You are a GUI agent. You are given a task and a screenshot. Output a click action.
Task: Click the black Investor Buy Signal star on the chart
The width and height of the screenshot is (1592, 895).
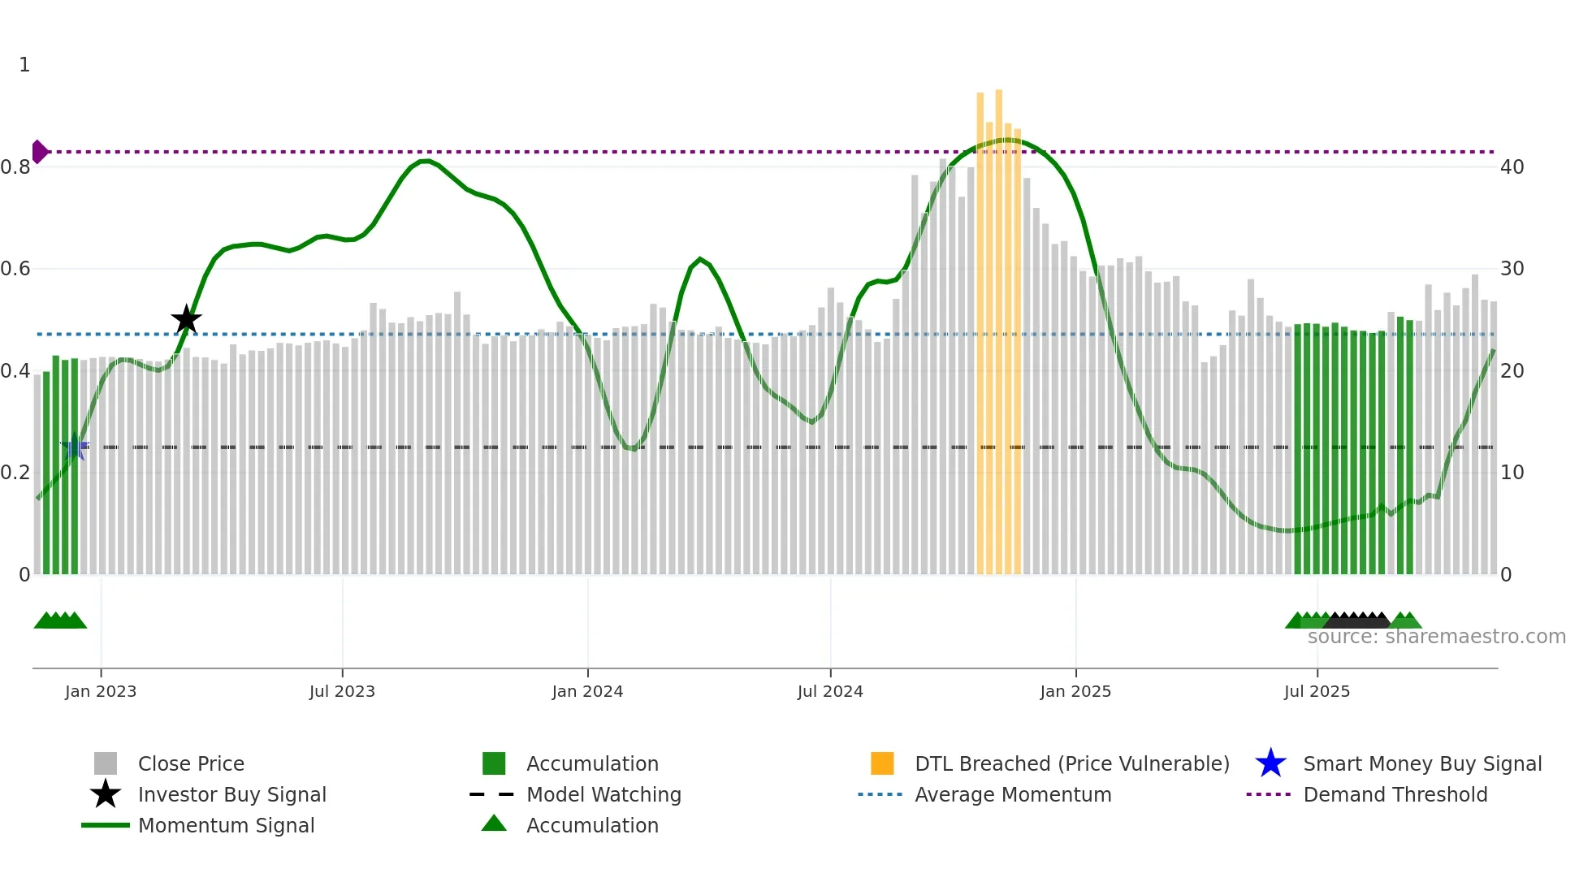pyautogui.click(x=186, y=320)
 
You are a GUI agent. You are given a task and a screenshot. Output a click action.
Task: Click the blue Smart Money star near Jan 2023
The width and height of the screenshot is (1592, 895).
pyautogui.click(x=75, y=447)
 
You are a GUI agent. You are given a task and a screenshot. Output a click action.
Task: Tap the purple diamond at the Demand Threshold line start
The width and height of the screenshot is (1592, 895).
pyautogui.click(x=39, y=152)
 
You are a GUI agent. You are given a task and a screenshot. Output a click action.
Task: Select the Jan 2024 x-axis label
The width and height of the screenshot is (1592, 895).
pyautogui.click(x=587, y=691)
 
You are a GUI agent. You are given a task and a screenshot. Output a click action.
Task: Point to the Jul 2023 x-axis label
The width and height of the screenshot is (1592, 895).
pyautogui.click(x=342, y=691)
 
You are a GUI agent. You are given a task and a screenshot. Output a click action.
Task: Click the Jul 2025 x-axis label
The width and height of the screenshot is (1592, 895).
pyautogui.click(x=1317, y=691)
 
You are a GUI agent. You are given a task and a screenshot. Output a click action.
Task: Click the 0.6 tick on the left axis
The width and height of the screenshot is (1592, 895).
pyautogui.click(x=16, y=269)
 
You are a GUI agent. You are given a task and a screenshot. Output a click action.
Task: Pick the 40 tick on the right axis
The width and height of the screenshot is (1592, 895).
pyautogui.click(x=1512, y=167)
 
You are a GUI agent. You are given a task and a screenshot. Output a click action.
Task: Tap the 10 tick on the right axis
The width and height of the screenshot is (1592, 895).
pyautogui.click(x=1512, y=473)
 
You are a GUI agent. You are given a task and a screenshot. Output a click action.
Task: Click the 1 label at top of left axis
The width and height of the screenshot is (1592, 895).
pyautogui.click(x=24, y=65)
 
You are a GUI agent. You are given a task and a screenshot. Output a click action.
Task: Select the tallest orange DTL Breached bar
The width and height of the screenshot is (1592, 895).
pyautogui.click(x=998, y=325)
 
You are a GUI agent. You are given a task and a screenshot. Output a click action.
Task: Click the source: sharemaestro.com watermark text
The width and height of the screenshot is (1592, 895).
pyautogui.click(x=1436, y=637)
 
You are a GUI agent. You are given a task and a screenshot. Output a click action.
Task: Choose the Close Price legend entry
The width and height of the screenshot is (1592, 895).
pyautogui.click(x=191, y=764)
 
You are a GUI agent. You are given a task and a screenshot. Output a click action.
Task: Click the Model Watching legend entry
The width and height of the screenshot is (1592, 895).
pyautogui.click(x=603, y=795)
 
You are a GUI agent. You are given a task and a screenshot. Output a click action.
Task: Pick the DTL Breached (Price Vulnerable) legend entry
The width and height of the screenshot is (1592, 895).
pyautogui.click(x=1071, y=764)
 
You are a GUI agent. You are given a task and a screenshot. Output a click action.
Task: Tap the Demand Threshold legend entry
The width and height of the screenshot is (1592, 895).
pyautogui.click(x=1395, y=795)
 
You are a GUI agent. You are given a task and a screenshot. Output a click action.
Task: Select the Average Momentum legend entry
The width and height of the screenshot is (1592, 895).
pyautogui.click(x=1013, y=795)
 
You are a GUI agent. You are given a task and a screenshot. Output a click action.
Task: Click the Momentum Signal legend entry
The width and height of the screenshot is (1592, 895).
pyautogui.click(x=226, y=826)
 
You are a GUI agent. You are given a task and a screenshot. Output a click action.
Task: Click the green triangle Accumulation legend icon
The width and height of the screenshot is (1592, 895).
pyautogui.click(x=494, y=824)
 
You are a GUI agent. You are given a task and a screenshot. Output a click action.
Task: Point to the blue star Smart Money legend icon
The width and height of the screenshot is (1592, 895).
pyautogui.click(x=1270, y=763)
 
